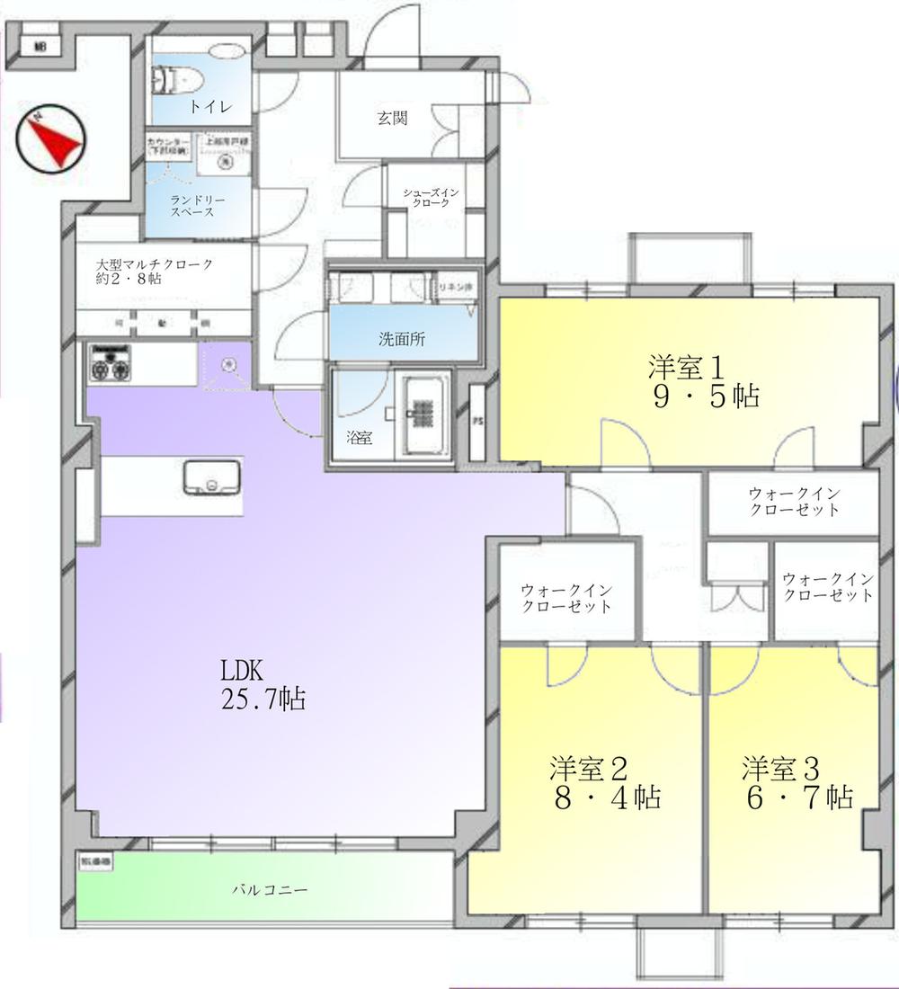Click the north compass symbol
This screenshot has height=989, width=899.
point(49,140)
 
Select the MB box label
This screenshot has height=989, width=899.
point(40,47)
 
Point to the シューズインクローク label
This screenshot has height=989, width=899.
point(432,198)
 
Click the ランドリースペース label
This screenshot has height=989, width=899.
point(192,206)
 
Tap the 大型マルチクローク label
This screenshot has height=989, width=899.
point(155,272)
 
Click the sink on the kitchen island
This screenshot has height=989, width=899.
point(212,477)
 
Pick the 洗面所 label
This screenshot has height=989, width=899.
point(401,341)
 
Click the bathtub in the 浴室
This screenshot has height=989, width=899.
point(426,414)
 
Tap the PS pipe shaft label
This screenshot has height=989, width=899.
point(476,419)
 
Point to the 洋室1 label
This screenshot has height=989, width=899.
point(686,366)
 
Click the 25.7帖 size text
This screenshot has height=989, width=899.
point(263,699)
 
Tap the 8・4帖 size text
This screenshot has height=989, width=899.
point(608,797)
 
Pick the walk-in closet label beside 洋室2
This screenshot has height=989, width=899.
point(566,598)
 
